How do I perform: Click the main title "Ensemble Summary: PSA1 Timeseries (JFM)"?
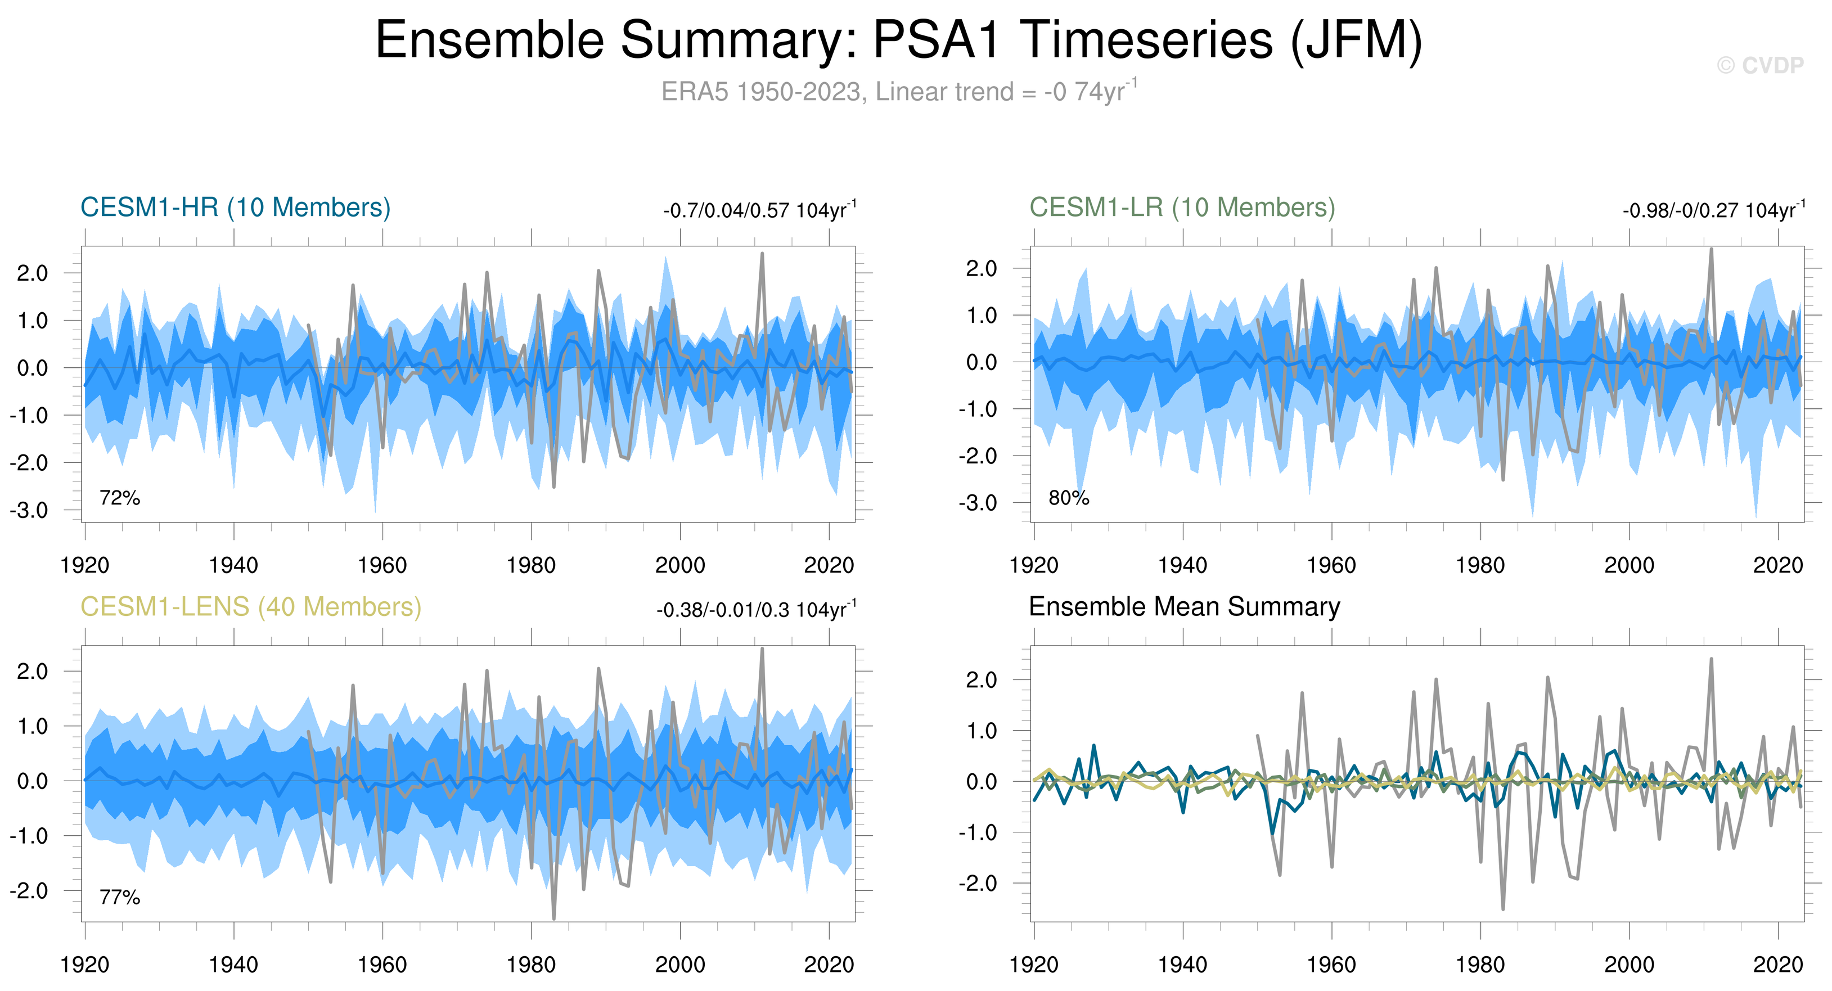tap(898, 40)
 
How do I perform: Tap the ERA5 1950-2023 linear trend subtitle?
tap(898, 92)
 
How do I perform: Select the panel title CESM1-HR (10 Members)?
tap(236, 208)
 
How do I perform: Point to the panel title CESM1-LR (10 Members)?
tap(1182, 208)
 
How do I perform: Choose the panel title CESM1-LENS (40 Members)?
tap(250, 607)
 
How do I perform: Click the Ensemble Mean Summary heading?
tap(1184, 607)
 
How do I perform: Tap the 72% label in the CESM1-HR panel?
tap(119, 498)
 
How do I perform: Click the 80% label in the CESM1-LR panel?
tap(1069, 498)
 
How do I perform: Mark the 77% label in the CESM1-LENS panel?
tap(119, 898)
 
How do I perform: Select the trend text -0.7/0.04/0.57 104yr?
tap(759, 210)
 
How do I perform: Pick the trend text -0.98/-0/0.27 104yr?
tap(1713, 210)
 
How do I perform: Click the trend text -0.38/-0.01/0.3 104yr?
tap(755, 610)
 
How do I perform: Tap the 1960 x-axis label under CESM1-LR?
tap(1331, 566)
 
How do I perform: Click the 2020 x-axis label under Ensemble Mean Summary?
tap(1778, 965)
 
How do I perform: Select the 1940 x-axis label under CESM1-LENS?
tap(233, 965)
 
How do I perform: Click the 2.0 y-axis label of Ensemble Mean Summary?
tap(982, 681)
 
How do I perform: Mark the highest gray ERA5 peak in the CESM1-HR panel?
tap(762, 254)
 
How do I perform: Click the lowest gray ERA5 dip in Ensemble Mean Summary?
tap(1503, 908)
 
